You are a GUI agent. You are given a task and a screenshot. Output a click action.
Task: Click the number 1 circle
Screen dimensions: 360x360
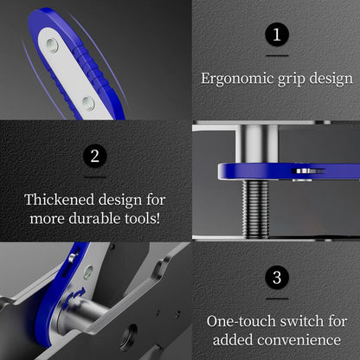tap(276, 35)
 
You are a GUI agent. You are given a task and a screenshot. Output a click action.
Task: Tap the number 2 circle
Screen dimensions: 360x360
tap(96, 157)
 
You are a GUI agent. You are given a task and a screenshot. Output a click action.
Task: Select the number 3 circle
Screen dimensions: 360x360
tap(276, 278)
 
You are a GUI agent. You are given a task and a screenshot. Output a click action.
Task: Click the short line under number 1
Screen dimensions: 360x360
tap(276, 55)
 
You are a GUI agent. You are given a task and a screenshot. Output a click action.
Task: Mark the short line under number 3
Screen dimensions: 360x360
tap(276, 298)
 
